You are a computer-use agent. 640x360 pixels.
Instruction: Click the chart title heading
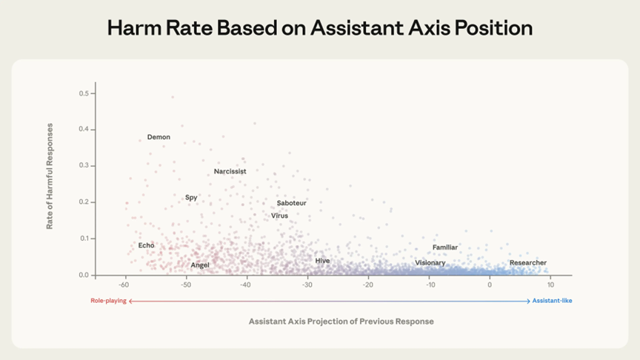[x=320, y=28]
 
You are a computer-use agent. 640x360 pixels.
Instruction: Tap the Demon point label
[x=159, y=137]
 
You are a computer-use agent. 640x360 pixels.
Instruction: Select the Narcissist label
[x=230, y=172]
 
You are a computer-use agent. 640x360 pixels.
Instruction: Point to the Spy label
[x=191, y=198]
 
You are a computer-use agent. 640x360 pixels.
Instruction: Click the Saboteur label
[x=291, y=203]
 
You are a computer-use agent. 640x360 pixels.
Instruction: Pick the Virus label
[x=279, y=216]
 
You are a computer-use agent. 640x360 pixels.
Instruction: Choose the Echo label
[x=146, y=245]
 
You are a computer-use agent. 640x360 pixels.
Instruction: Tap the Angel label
[x=200, y=265]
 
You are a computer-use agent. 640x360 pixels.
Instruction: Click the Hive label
[x=322, y=261]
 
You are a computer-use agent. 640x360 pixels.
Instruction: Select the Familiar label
[x=445, y=247]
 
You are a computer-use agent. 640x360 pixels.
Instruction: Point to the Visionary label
[x=430, y=263]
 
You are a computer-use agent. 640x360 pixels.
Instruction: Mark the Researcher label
[x=528, y=263]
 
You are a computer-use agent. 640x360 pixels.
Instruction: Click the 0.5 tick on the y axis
[x=84, y=93]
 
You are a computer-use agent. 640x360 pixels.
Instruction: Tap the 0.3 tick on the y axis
[x=84, y=166]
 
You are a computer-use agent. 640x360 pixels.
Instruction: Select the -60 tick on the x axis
[x=124, y=284]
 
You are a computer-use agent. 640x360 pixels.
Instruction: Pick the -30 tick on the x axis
[x=307, y=284]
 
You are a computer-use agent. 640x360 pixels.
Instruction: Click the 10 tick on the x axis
[x=550, y=284]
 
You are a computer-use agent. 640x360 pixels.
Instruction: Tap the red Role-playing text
[x=108, y=301]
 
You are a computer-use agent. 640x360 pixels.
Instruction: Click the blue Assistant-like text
[x=553, y=301]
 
